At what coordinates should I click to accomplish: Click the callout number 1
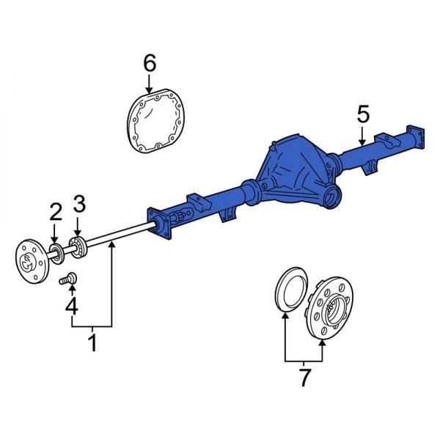[x=92, y=342]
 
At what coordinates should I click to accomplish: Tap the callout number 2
[x=55, y=212]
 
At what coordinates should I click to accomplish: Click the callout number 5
[x=363, y=114]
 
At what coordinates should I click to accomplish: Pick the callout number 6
[x=149, y=64]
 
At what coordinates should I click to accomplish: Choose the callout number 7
[x=304, y=378]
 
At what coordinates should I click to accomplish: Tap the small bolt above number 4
[x=70, y=279]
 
